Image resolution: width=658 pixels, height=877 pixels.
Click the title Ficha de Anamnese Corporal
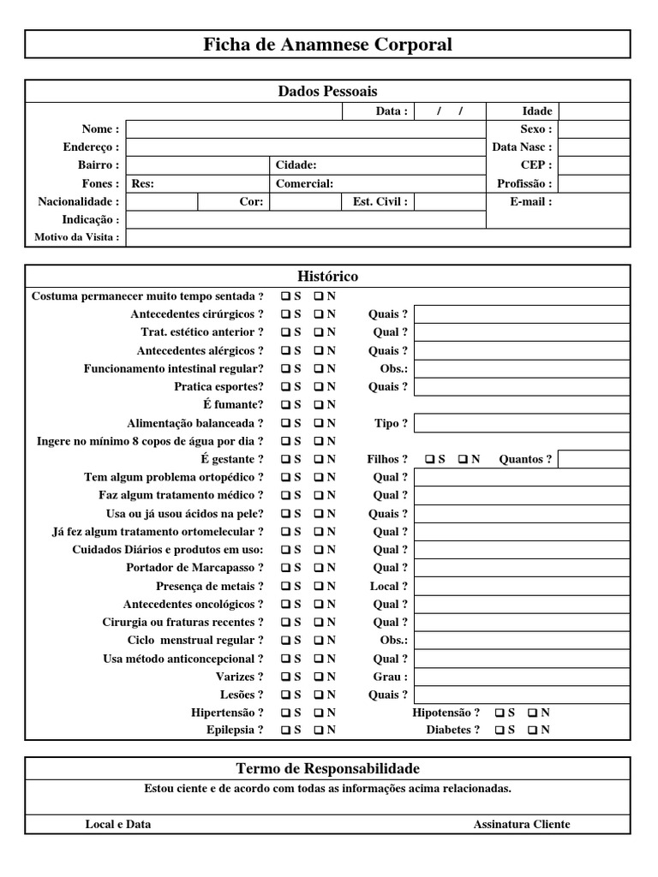[x=327, y=45]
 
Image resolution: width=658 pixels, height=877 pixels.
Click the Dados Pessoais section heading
[x=327, y=91]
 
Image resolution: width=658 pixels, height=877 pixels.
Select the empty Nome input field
[x=305, y=129]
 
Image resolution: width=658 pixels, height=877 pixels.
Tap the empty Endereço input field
[x=305, y=147]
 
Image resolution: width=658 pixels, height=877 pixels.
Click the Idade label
[x=537, y=111]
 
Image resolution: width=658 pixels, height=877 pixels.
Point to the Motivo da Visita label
[x=76, y=237]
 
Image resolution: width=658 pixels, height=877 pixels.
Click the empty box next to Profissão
[x=594, y=183]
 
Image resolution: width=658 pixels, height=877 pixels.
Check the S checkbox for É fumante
[x=286, y=404]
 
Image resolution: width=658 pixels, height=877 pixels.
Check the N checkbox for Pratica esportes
[x=319, y=386]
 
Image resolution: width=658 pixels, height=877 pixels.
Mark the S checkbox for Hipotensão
[x=499, y=713]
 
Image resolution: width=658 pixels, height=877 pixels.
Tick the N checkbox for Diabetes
[x=532, y=731]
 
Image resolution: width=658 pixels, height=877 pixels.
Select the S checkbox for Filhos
[x=429, y=459]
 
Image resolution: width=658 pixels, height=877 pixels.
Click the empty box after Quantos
[x=594, y=459]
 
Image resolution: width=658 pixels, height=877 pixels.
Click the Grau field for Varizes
[x=522, y=677]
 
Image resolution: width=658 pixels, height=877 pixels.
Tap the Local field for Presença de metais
[x=522, y=586]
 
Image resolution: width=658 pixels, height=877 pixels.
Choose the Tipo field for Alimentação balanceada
[x=522, y=423]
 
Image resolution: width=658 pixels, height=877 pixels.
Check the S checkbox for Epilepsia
[x=286, y=731]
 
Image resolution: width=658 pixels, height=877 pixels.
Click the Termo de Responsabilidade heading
[x=327, y=768]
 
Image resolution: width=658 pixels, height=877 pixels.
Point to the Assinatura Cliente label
[x=521, y=824]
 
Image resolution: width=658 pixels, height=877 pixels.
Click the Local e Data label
[x=118, y=824]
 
